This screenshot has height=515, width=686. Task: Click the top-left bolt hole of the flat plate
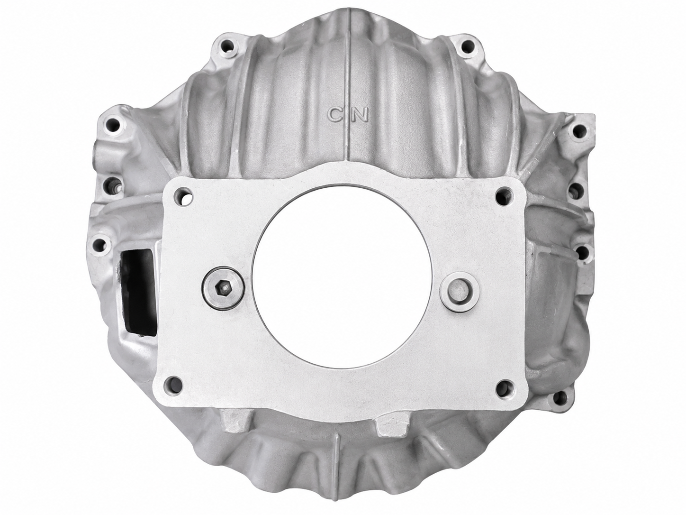184,196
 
